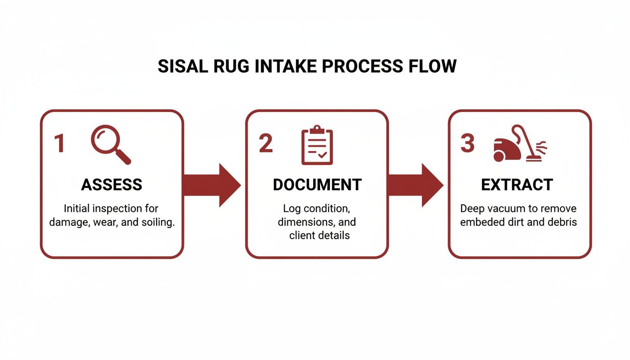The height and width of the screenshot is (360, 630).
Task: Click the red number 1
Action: [59, 144]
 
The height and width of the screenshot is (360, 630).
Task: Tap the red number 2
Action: [265, 144]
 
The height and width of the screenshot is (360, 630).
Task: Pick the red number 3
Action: [467, 143]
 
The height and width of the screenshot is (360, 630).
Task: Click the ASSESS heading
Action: [112, 185]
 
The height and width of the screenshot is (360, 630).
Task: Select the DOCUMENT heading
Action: [317, 185]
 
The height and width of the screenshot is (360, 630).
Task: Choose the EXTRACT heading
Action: [517, 185]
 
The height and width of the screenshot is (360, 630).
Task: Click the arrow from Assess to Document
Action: [211, 185]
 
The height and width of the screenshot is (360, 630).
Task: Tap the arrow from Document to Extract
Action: [415, 185]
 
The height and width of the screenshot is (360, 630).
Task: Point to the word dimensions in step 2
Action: [300, 222]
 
